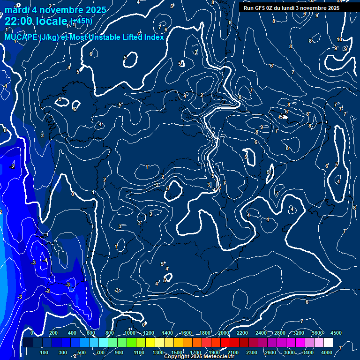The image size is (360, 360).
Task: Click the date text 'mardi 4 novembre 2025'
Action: [x=55, y=9]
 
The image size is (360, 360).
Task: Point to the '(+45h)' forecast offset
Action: [x=81, y=21]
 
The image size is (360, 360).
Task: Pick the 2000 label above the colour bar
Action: [x=224, y=333]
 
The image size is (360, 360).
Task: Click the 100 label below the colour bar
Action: [x=45, y=352]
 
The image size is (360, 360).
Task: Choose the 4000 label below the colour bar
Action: [x=327, y=352]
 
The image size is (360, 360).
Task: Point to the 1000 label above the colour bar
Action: [x=129, y=333]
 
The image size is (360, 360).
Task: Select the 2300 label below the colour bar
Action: [x=252, y=352]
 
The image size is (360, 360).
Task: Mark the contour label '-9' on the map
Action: [x=261, y=127]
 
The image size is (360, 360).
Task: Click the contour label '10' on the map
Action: [x=339, y=39]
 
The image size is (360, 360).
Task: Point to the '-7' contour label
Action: [x=301, y=321]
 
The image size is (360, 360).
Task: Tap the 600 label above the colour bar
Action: [x=90, y=333]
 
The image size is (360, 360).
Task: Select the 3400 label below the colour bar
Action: [x=308, y=352]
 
